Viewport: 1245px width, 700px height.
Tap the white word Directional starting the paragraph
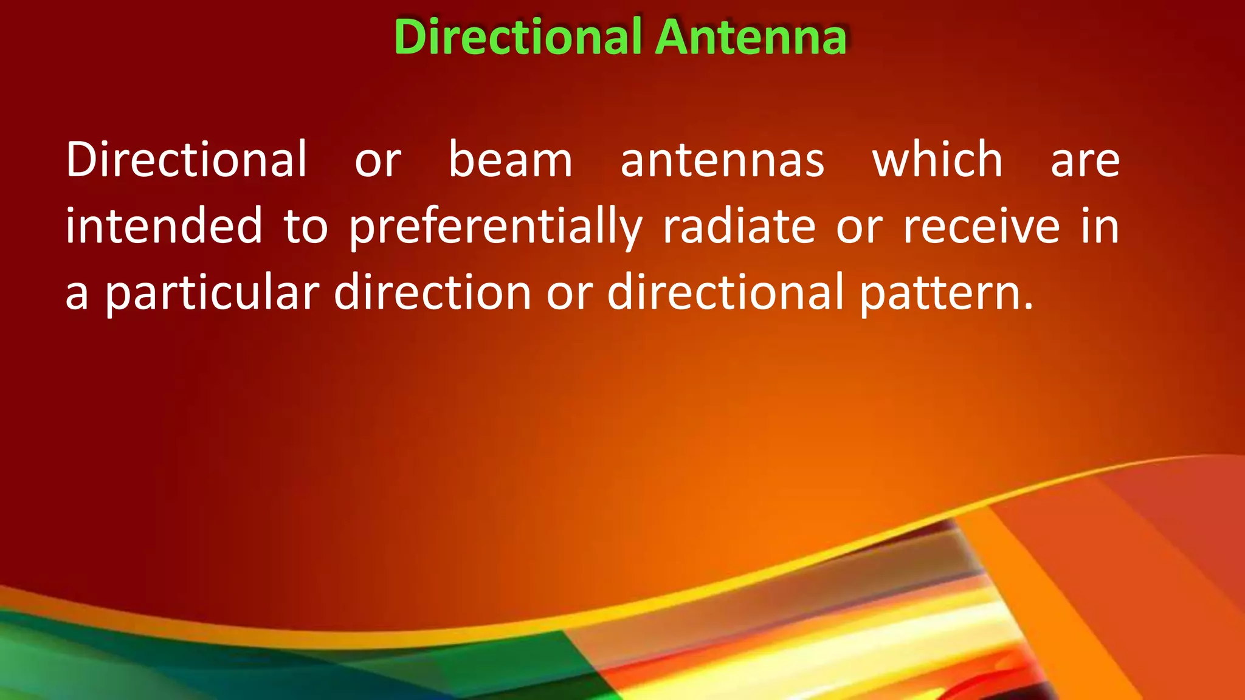187,160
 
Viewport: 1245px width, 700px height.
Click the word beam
511,160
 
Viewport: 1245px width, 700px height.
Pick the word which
937,160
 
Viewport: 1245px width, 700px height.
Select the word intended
164,226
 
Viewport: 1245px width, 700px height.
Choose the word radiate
739,226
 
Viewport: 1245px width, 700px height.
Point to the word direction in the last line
433,292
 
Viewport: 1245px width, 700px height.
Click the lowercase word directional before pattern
726,292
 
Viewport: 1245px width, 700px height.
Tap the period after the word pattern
1028,307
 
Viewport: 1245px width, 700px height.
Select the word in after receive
1100,226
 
